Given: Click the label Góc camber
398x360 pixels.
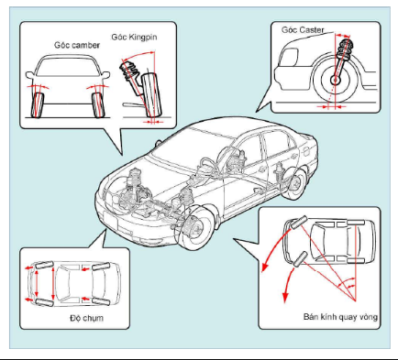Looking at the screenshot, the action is pos(77,45).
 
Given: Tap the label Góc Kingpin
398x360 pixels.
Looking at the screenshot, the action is pos(134,38).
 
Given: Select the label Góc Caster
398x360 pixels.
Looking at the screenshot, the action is pos(303,30).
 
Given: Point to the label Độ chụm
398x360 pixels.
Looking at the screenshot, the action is pos(86,318).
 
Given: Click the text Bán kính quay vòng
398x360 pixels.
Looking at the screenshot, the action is pos(340,317).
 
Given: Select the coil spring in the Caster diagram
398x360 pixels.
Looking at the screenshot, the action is pos(344,49).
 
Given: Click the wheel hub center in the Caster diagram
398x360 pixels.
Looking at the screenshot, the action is pos(336,81).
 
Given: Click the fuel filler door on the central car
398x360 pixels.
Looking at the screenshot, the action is pos(306,151).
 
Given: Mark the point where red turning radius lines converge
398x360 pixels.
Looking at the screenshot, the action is pos(356,301).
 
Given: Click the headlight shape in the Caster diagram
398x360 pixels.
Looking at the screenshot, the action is pos(289,57).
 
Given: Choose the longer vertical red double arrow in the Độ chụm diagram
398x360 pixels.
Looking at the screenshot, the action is pos(54,283).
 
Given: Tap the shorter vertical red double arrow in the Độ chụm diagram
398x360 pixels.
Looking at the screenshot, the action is pos(37,283).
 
